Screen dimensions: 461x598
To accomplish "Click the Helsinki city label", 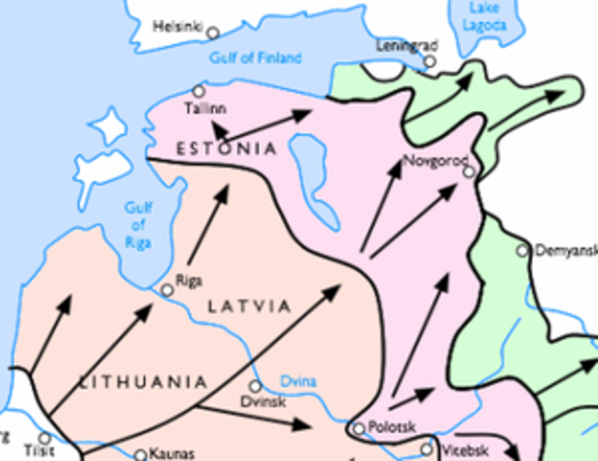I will click(x=179, y=28).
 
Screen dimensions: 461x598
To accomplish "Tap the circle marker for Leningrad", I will click(x=430, y=61).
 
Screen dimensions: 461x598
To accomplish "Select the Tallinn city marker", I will click(x=199, y=91).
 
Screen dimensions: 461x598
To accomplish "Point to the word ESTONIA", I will click(x=227, y=149).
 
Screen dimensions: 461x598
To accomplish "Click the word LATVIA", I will click(x=249, y=306).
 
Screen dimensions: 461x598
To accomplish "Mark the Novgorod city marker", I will click(x=468, y=172).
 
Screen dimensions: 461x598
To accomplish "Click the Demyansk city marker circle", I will click(x=523, y=251).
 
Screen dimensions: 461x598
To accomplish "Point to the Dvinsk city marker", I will click(x=255, y=386).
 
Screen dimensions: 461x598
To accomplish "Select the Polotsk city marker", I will click(x=358, y=428).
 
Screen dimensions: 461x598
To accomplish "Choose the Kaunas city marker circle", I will click(x=140, y=455).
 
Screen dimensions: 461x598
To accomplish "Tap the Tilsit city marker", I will click(x=44, y=439).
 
